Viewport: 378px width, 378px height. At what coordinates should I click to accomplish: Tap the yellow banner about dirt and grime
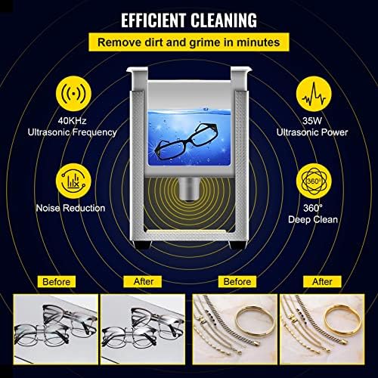tap(188, 42)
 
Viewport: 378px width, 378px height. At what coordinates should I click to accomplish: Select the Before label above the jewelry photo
tap(234, 282)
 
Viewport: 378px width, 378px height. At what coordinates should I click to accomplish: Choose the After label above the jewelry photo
tap(321, 282)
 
